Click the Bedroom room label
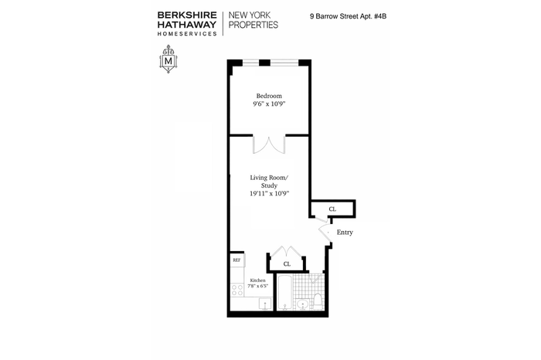[269, 96]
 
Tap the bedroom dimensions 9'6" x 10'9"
[269, 104]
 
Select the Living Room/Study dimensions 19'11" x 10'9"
[269, 193]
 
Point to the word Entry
[345, 233]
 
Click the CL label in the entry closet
[332, 209]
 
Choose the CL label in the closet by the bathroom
[287, 264]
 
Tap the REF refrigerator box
[236, 260]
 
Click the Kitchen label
[257, 280]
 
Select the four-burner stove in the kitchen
[237, 290]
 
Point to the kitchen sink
[265, 304]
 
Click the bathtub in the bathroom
[285, 293]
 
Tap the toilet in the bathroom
[318, 301]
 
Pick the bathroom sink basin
[303, 304]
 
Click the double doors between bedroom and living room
[269, 144]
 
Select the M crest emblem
[168, 59]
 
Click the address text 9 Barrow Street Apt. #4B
[348, 16]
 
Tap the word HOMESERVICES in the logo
[187, 34]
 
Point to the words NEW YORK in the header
[250, 15]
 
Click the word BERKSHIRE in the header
[187, 15]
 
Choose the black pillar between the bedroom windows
[264, 63]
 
